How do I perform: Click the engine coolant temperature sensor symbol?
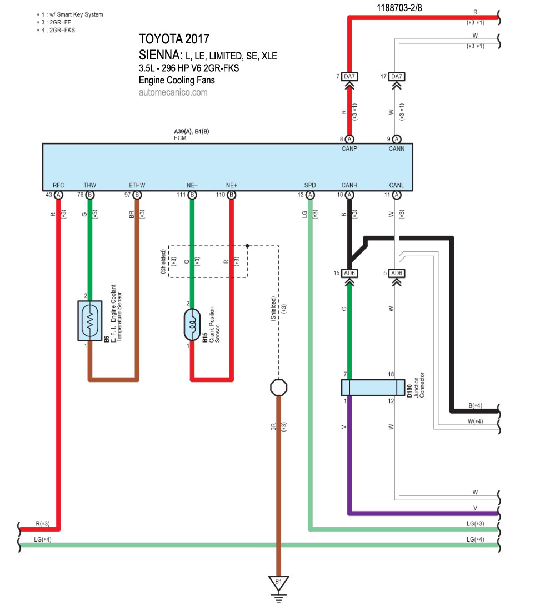(x=89, y=321)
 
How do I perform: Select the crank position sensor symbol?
(x=192, y=325)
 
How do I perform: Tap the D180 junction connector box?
(x=373, y=388)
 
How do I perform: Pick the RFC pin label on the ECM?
(x=58, y=185)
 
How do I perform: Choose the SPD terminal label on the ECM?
(x=309, y=185)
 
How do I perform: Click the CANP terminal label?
(x=349, y=148)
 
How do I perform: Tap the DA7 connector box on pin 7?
(x=349, y=76)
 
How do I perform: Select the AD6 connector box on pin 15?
(x=349, y=274)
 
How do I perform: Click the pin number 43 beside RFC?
(x=49, y=195)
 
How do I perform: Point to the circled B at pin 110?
(x=232, y=195)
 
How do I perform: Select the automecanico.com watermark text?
(x=173, y=92)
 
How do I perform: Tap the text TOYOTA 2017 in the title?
(x=174, y=39)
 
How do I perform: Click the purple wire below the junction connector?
(x=349, y=445)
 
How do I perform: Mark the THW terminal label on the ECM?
(x=89, y=185)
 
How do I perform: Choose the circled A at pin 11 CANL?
(x=396, y=195)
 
